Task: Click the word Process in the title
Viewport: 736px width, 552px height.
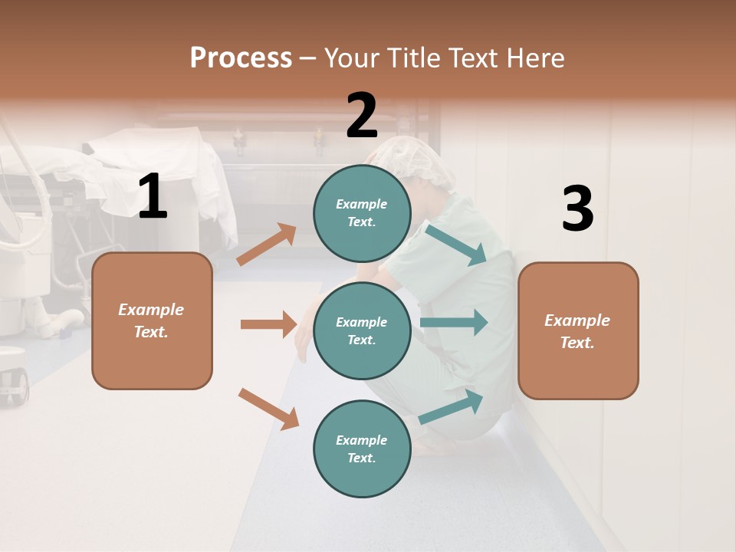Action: (x=241, y=58)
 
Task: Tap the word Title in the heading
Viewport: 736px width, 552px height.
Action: (x=414, y=58)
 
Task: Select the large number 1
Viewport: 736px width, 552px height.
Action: (x=153, y=197)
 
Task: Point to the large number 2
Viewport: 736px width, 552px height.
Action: (x=362, y=116)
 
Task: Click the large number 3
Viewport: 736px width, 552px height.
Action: (x=577, y=209)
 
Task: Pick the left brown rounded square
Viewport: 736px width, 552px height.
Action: (x=152, y=320)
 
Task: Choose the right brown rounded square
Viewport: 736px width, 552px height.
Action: (x=578, y=330)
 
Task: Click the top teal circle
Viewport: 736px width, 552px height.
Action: (x=362, y=213)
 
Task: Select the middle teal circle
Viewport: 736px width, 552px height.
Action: (x=362, y=330)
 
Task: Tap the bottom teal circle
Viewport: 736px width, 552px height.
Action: (x=362, y=449)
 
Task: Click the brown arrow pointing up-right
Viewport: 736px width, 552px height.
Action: (x=267, y=245)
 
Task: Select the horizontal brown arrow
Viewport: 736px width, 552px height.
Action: (x=268, y=324)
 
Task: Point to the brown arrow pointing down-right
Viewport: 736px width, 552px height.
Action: (x=268, y=409)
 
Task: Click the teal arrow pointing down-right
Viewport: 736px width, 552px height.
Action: (x=457, y=245)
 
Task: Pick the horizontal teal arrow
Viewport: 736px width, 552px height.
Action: (x=454, y=322)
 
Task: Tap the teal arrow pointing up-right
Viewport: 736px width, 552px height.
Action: (x=452, y=407)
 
